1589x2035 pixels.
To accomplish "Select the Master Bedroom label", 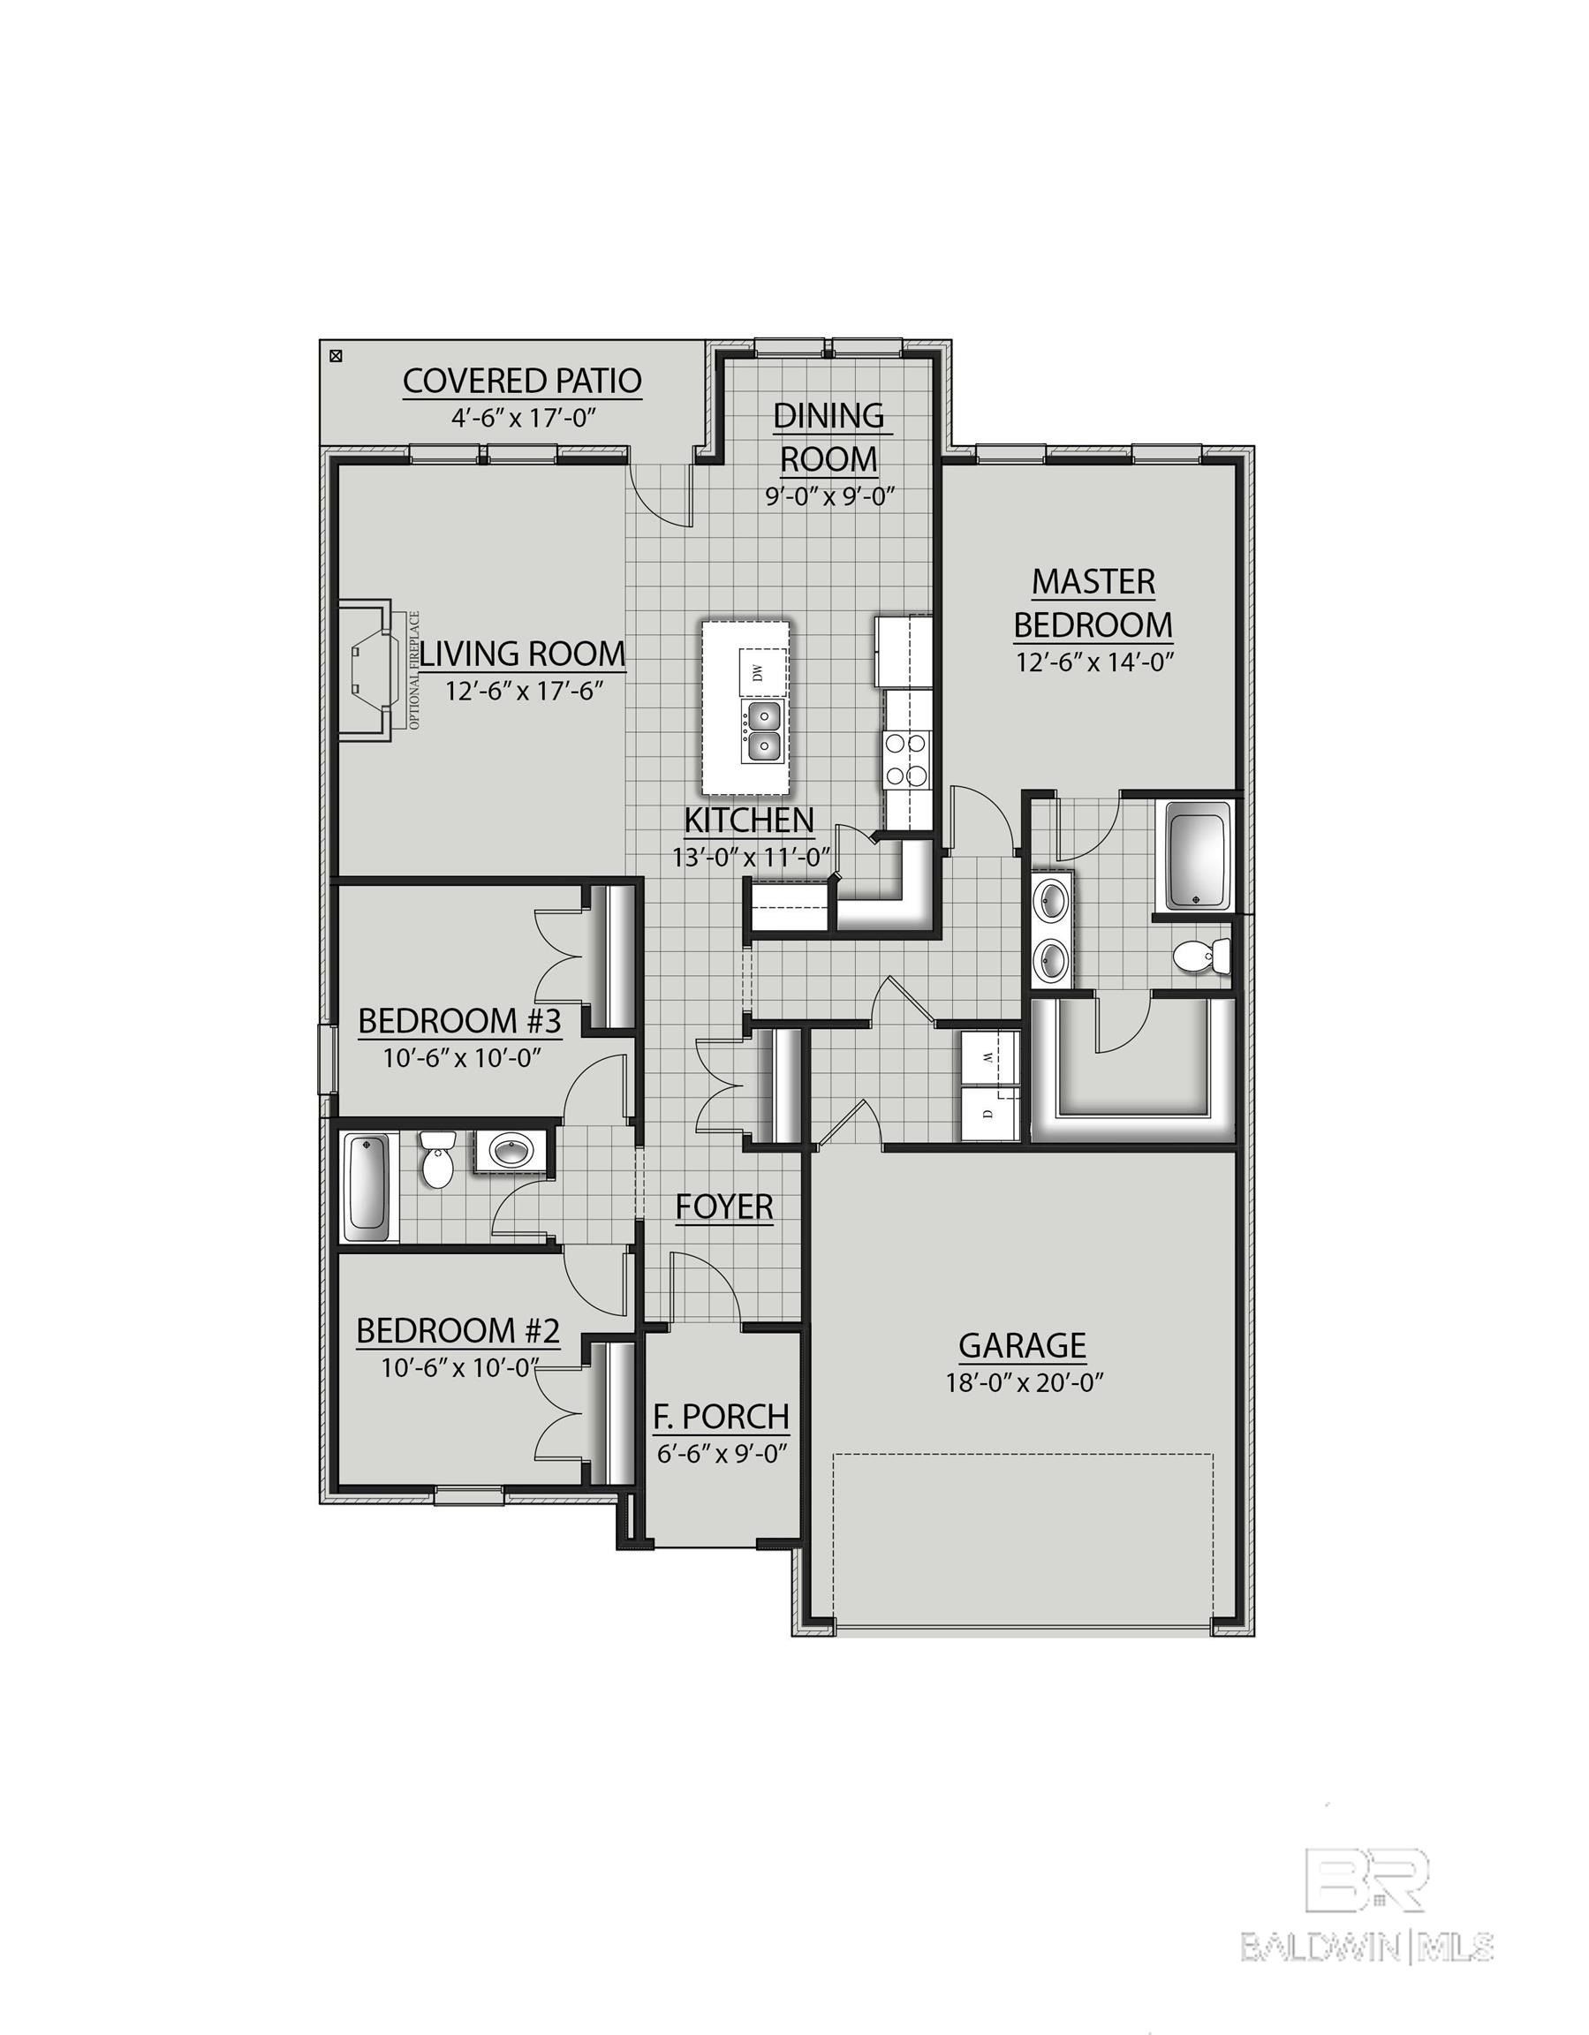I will pyautogui.click(x=1093, y=604).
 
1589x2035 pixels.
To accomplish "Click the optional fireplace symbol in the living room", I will pyautogui.click(x=369, y=670).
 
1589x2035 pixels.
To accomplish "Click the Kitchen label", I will pyautogui.click(x=749, y=820).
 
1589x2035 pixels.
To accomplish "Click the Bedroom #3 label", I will pyautogui.click(x=459, y=1022).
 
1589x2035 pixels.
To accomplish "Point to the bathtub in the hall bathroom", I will pyautogui.click(x=367, y=1186).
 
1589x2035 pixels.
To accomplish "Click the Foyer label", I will pyautogui.click(x=724, y=1207).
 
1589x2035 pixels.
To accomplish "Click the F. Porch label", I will pyautogui.click(x=721, y=1418).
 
